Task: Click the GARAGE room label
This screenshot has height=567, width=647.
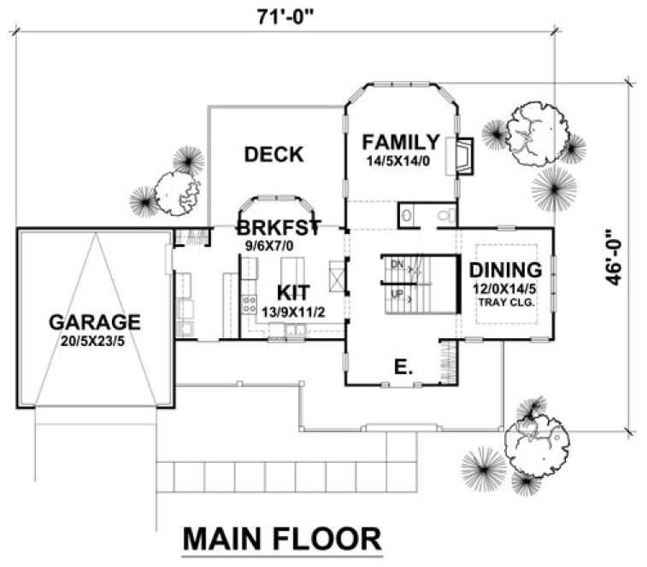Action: [94, 323]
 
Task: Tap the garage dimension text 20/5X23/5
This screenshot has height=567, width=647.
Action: [94, 342]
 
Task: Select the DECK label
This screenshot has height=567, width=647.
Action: [274, 155]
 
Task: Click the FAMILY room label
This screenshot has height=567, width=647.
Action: [401, 142]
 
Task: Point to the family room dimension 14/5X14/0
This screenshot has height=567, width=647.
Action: [401, 160]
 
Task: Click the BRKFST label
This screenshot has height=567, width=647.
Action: [278, 228]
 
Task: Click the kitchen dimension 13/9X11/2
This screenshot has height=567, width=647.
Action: [293, 311]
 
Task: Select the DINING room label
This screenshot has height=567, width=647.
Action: [506, 271]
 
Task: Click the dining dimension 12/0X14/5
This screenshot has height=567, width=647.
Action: [506, 290]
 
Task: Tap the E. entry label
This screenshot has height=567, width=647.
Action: [403, 369]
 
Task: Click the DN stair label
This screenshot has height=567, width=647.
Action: [397, 266]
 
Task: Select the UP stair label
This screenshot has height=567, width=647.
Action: [397, 294]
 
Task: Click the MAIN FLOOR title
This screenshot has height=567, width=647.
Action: [282, 540]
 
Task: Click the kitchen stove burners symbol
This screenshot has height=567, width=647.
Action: [250, 300]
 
